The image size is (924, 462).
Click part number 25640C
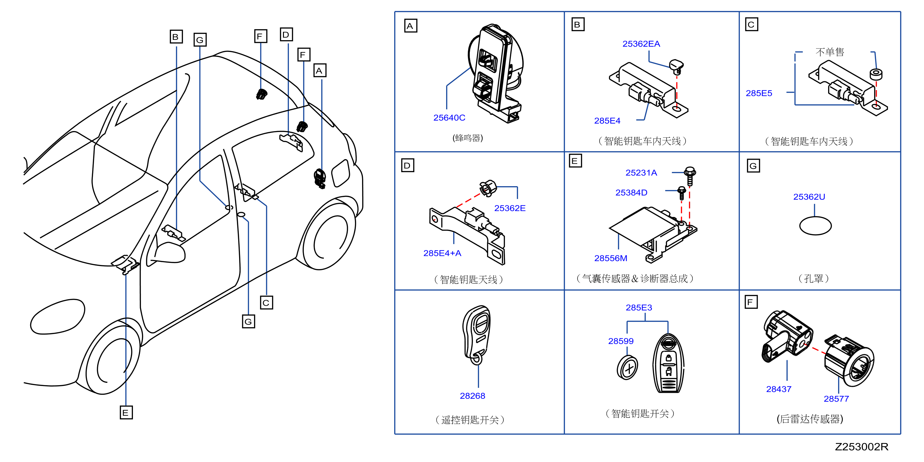coord(449,118)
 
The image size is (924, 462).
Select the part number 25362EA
coord(641,44)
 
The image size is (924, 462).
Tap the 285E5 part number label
coord(759,93)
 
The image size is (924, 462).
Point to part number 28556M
coord(610,258)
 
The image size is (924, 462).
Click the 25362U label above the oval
coord(809,197)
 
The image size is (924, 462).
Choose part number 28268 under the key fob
coord(472,396)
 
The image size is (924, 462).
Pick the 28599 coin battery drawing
coord(627,367)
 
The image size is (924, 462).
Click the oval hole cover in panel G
coord(815,226)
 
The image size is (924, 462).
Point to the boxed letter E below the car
coord(126,412)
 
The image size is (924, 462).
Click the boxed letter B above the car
coord(176,37)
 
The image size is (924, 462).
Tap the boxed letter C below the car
coord(266,302)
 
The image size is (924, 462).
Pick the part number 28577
coord(836,399)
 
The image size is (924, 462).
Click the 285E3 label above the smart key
coord(639,308)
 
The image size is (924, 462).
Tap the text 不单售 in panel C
coord(830,52)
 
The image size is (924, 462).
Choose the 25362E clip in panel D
coord(488,188)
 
